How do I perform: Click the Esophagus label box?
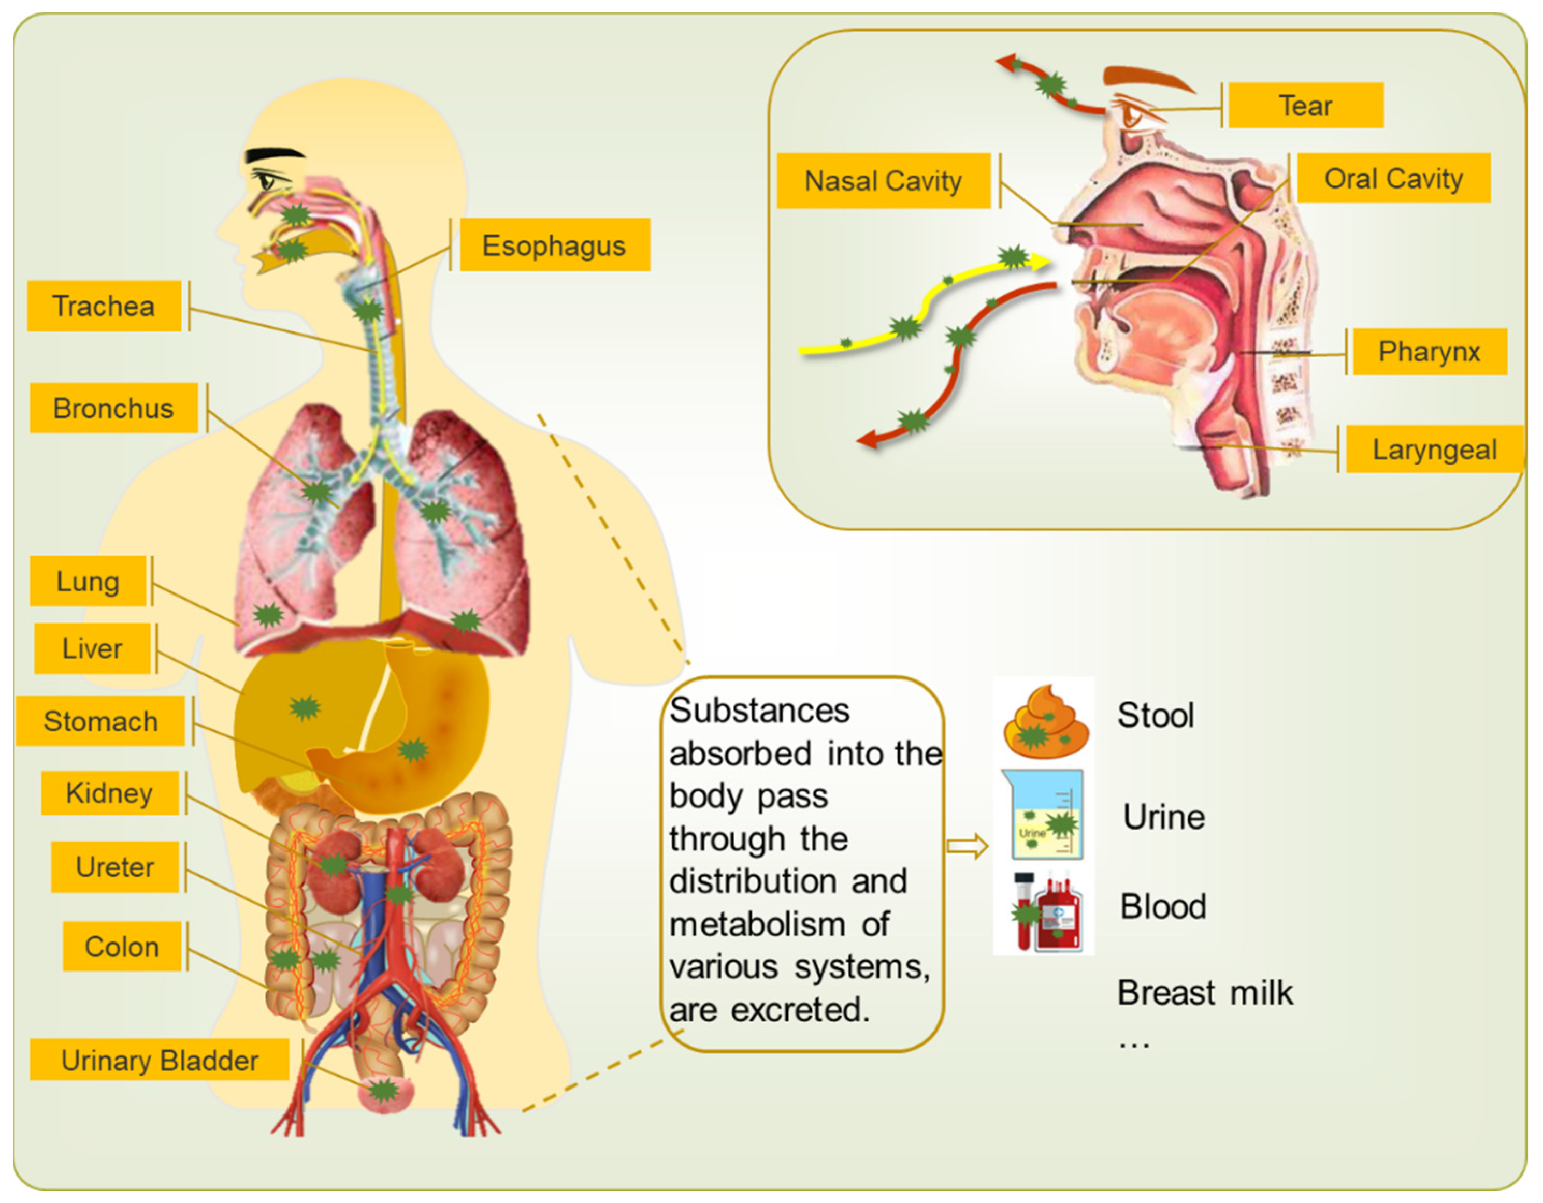tap(555, 245)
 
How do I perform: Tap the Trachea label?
tap(104, 306)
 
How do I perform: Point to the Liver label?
tap(92, 648)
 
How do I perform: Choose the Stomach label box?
tap(100, 721)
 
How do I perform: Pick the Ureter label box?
tap(114, 867)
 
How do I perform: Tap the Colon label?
tap(122, 947)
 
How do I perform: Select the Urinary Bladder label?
tap(160, 1060)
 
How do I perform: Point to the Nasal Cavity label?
tap(883, 181)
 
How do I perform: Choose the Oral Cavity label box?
tap(1393, 179)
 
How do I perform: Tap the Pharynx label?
tap(1429, 351)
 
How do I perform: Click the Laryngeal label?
tap(1434, 450)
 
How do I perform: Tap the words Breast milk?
tap(1205, 993)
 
